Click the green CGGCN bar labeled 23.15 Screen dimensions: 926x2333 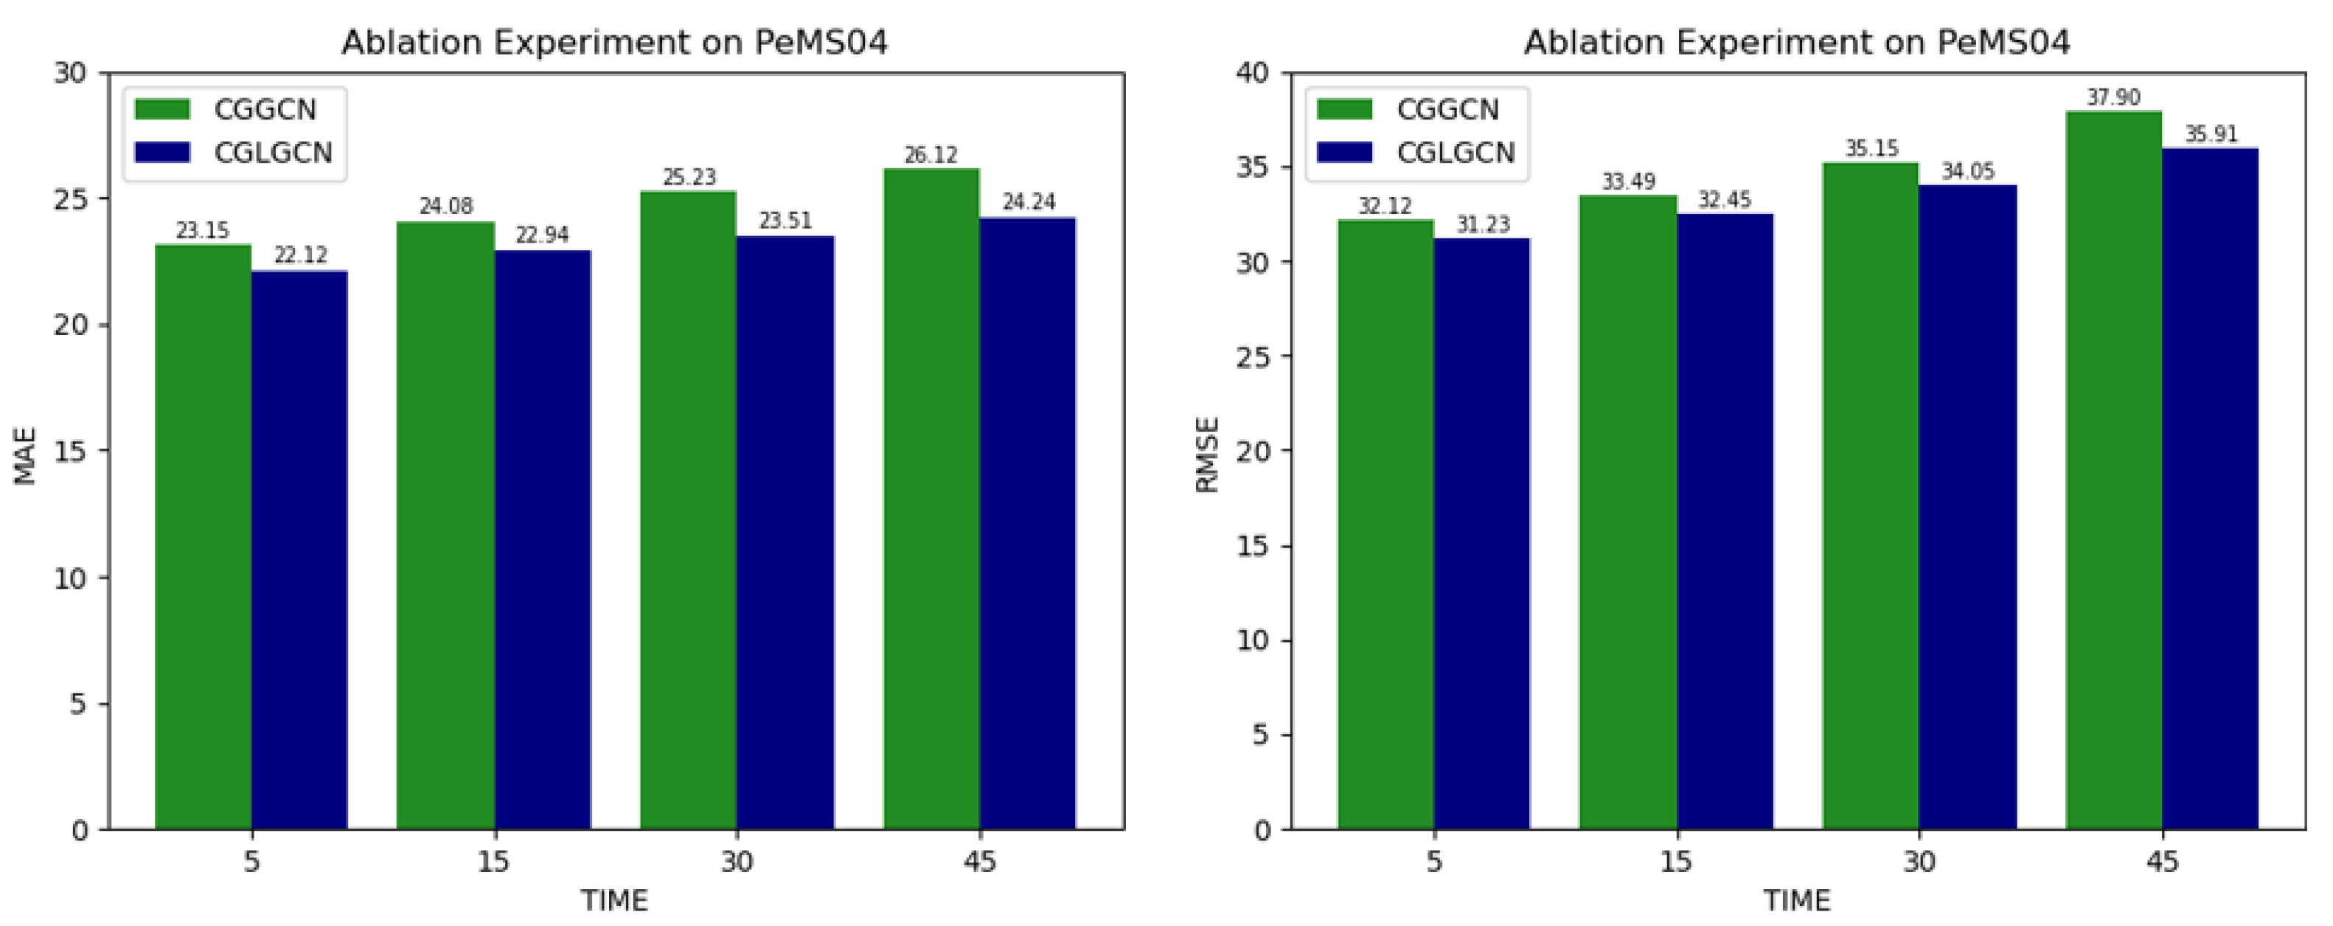pos(203,536)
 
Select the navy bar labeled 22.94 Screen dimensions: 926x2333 pos(543,540)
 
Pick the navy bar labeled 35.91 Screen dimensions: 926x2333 pos(2210,488)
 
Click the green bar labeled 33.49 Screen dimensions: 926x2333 pos(1627,512)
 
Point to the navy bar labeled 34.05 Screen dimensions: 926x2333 pos(1967,508)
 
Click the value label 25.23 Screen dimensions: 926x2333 pos(689,178)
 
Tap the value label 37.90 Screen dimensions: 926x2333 pos(2113,97)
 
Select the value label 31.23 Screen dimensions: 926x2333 pos(1483,225)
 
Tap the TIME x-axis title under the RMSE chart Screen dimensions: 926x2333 pos(1796,902)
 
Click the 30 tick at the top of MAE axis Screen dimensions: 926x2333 pos(70,73)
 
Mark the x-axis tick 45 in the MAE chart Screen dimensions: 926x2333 pos(979,861)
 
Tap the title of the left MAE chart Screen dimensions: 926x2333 pos(614,41)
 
